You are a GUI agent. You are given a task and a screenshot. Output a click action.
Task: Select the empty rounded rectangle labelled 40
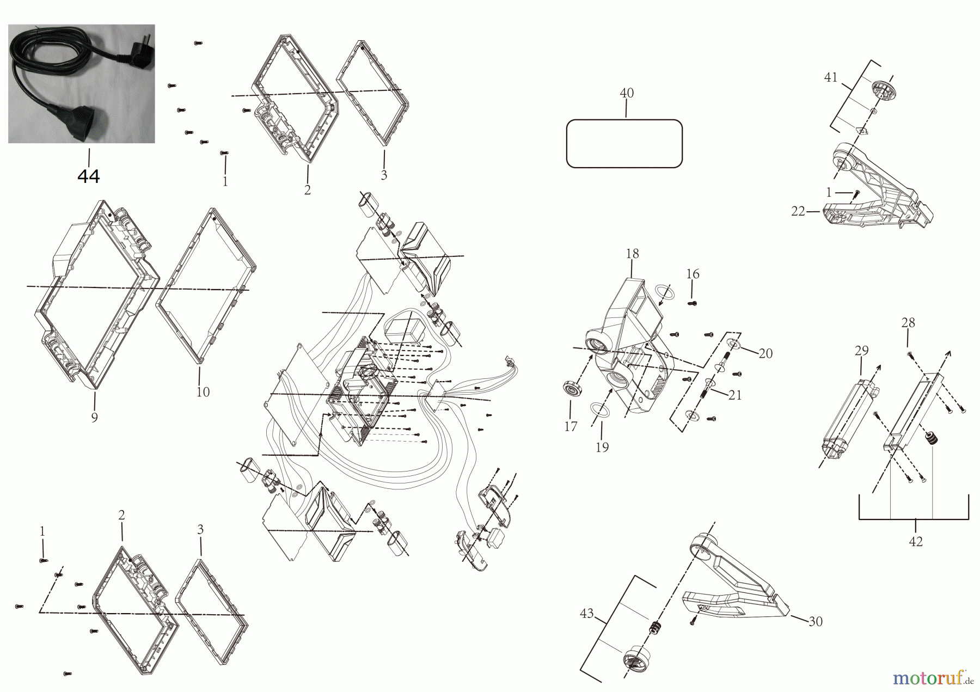point(624,143)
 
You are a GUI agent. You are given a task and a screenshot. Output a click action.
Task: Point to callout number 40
point(627,93)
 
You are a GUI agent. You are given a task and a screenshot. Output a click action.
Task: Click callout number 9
point(94,418)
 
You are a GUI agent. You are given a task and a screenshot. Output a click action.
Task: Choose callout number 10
point(203,392)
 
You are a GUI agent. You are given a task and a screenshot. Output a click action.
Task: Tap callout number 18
point(632,253)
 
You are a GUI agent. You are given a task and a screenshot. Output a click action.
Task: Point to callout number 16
point(693,274)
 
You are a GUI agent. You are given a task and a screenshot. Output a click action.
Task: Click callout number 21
point(735,395)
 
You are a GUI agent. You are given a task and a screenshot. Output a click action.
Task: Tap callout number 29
point(861,351)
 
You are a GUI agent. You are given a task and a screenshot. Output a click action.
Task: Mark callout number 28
point(908,323)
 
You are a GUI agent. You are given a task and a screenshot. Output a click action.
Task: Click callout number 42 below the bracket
point(916,542)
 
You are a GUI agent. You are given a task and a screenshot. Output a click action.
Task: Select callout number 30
point(815,621)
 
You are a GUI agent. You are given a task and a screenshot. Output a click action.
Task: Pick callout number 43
point(586,614)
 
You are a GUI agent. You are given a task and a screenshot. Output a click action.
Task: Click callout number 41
point(830,77)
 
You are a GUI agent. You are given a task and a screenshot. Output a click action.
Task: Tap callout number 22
point(798,211)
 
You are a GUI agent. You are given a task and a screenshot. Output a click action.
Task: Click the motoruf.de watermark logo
point(934,678)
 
